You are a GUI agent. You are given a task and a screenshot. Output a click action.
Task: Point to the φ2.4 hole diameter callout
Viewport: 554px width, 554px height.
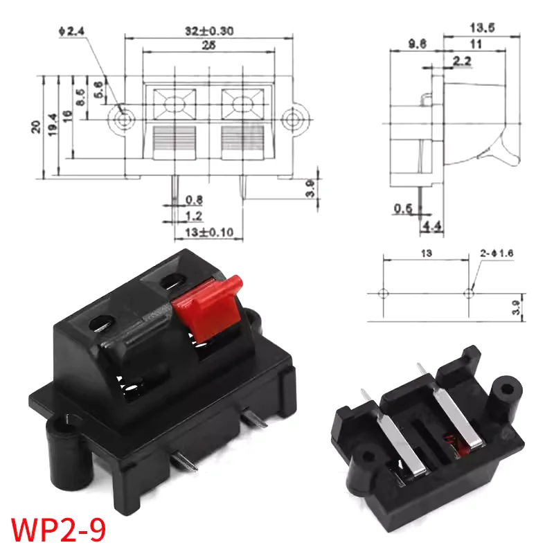[x=71, y=30]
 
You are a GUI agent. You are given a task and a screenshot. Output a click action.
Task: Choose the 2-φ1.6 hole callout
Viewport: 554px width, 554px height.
[x=496, y=253]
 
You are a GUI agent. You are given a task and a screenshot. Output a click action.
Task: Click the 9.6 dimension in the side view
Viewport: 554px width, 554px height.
[x=417, y=43]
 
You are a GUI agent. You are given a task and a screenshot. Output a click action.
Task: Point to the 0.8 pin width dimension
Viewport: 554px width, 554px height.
[x=195, y=201]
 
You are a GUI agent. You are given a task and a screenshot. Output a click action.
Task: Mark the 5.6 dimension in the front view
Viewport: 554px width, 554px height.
[x=98, y=90]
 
